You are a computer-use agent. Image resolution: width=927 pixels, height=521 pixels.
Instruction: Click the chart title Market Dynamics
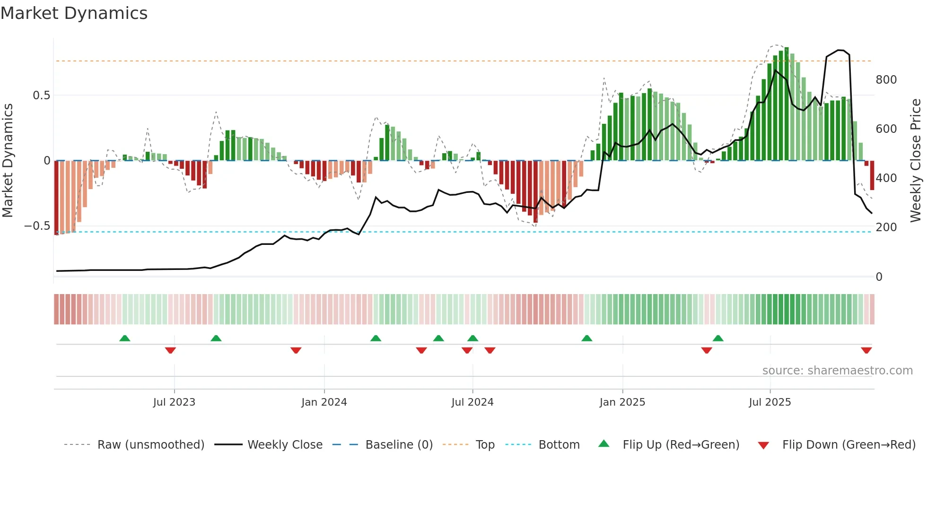[74, 13]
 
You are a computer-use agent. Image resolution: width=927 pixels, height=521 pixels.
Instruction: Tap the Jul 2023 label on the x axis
[174, 402]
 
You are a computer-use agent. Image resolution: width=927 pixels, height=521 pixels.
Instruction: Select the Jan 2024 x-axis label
[324, 402]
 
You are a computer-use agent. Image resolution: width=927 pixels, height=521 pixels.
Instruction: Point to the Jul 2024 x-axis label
[472, 402]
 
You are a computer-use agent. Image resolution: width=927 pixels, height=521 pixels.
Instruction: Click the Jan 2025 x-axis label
[622, 402]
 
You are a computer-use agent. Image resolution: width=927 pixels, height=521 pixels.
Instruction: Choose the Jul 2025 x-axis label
[770, 402]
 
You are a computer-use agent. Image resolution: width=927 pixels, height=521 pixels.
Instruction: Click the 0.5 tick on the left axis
[41, 96]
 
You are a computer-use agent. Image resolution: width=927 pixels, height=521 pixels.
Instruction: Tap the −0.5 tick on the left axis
[37, 226]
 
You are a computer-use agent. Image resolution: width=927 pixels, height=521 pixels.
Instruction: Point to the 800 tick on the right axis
[886, 80]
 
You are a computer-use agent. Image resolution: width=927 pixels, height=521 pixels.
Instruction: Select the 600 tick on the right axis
[886, 129]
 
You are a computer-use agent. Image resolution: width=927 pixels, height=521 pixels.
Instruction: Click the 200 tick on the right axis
[886, 227]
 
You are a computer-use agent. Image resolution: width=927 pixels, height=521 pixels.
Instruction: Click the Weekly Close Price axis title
[916, 160]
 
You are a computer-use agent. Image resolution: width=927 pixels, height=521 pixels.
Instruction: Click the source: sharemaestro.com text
[837, 371]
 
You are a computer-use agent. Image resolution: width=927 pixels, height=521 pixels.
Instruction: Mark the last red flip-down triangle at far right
[866, 350]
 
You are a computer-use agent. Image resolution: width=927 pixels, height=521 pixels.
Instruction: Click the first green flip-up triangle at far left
[125, 339]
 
